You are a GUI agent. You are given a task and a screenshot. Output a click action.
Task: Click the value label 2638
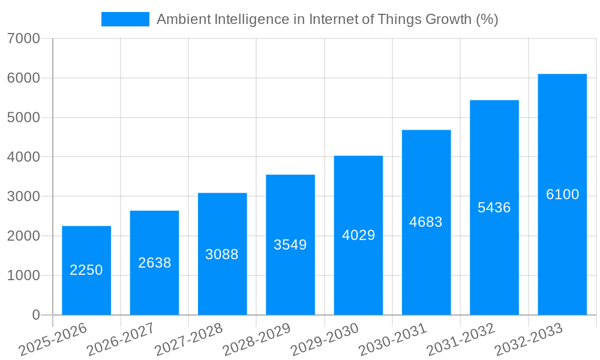(155, 263)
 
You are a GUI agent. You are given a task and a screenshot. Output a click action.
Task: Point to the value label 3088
(222, 254)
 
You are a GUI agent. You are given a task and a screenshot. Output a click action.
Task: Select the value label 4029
(358, 235)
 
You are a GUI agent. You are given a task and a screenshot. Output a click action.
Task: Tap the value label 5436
(494, 208)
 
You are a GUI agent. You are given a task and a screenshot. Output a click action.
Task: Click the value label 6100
(562, 194)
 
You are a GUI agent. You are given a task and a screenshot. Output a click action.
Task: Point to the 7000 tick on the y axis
(23, 39)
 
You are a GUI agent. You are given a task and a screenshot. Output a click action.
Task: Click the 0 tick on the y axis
(35, 315)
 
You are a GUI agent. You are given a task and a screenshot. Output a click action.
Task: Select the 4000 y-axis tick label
(23, 157)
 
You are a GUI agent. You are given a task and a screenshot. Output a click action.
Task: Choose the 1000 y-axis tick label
(23, 275)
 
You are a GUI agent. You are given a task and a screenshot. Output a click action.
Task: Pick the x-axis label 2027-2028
(189, 339)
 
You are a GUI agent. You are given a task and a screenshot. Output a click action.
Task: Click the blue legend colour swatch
(125, 19)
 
